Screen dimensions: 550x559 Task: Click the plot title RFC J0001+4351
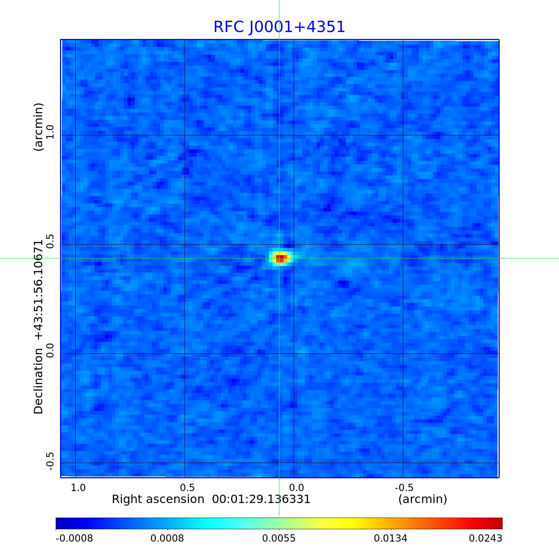[x=279, y=27]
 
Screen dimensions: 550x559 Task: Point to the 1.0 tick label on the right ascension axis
[x=78, y=487]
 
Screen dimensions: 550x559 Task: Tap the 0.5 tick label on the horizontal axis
[x=187, y=487]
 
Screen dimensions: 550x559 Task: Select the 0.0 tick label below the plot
[x=297, y=487]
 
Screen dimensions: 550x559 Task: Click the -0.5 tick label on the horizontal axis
[x=404, y=487]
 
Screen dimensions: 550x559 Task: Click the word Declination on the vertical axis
[x=39, y=381]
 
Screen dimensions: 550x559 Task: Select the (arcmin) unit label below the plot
[x=423, y=499]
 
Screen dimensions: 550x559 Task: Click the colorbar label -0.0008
[x=74, y=538]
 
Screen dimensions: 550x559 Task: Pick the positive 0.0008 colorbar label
[x=167, y=538]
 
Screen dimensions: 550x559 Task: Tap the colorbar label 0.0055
[x=279, y=538]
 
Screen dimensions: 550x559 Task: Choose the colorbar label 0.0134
[x=390, y=538]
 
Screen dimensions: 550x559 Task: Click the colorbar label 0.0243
[x=485, y=538]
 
